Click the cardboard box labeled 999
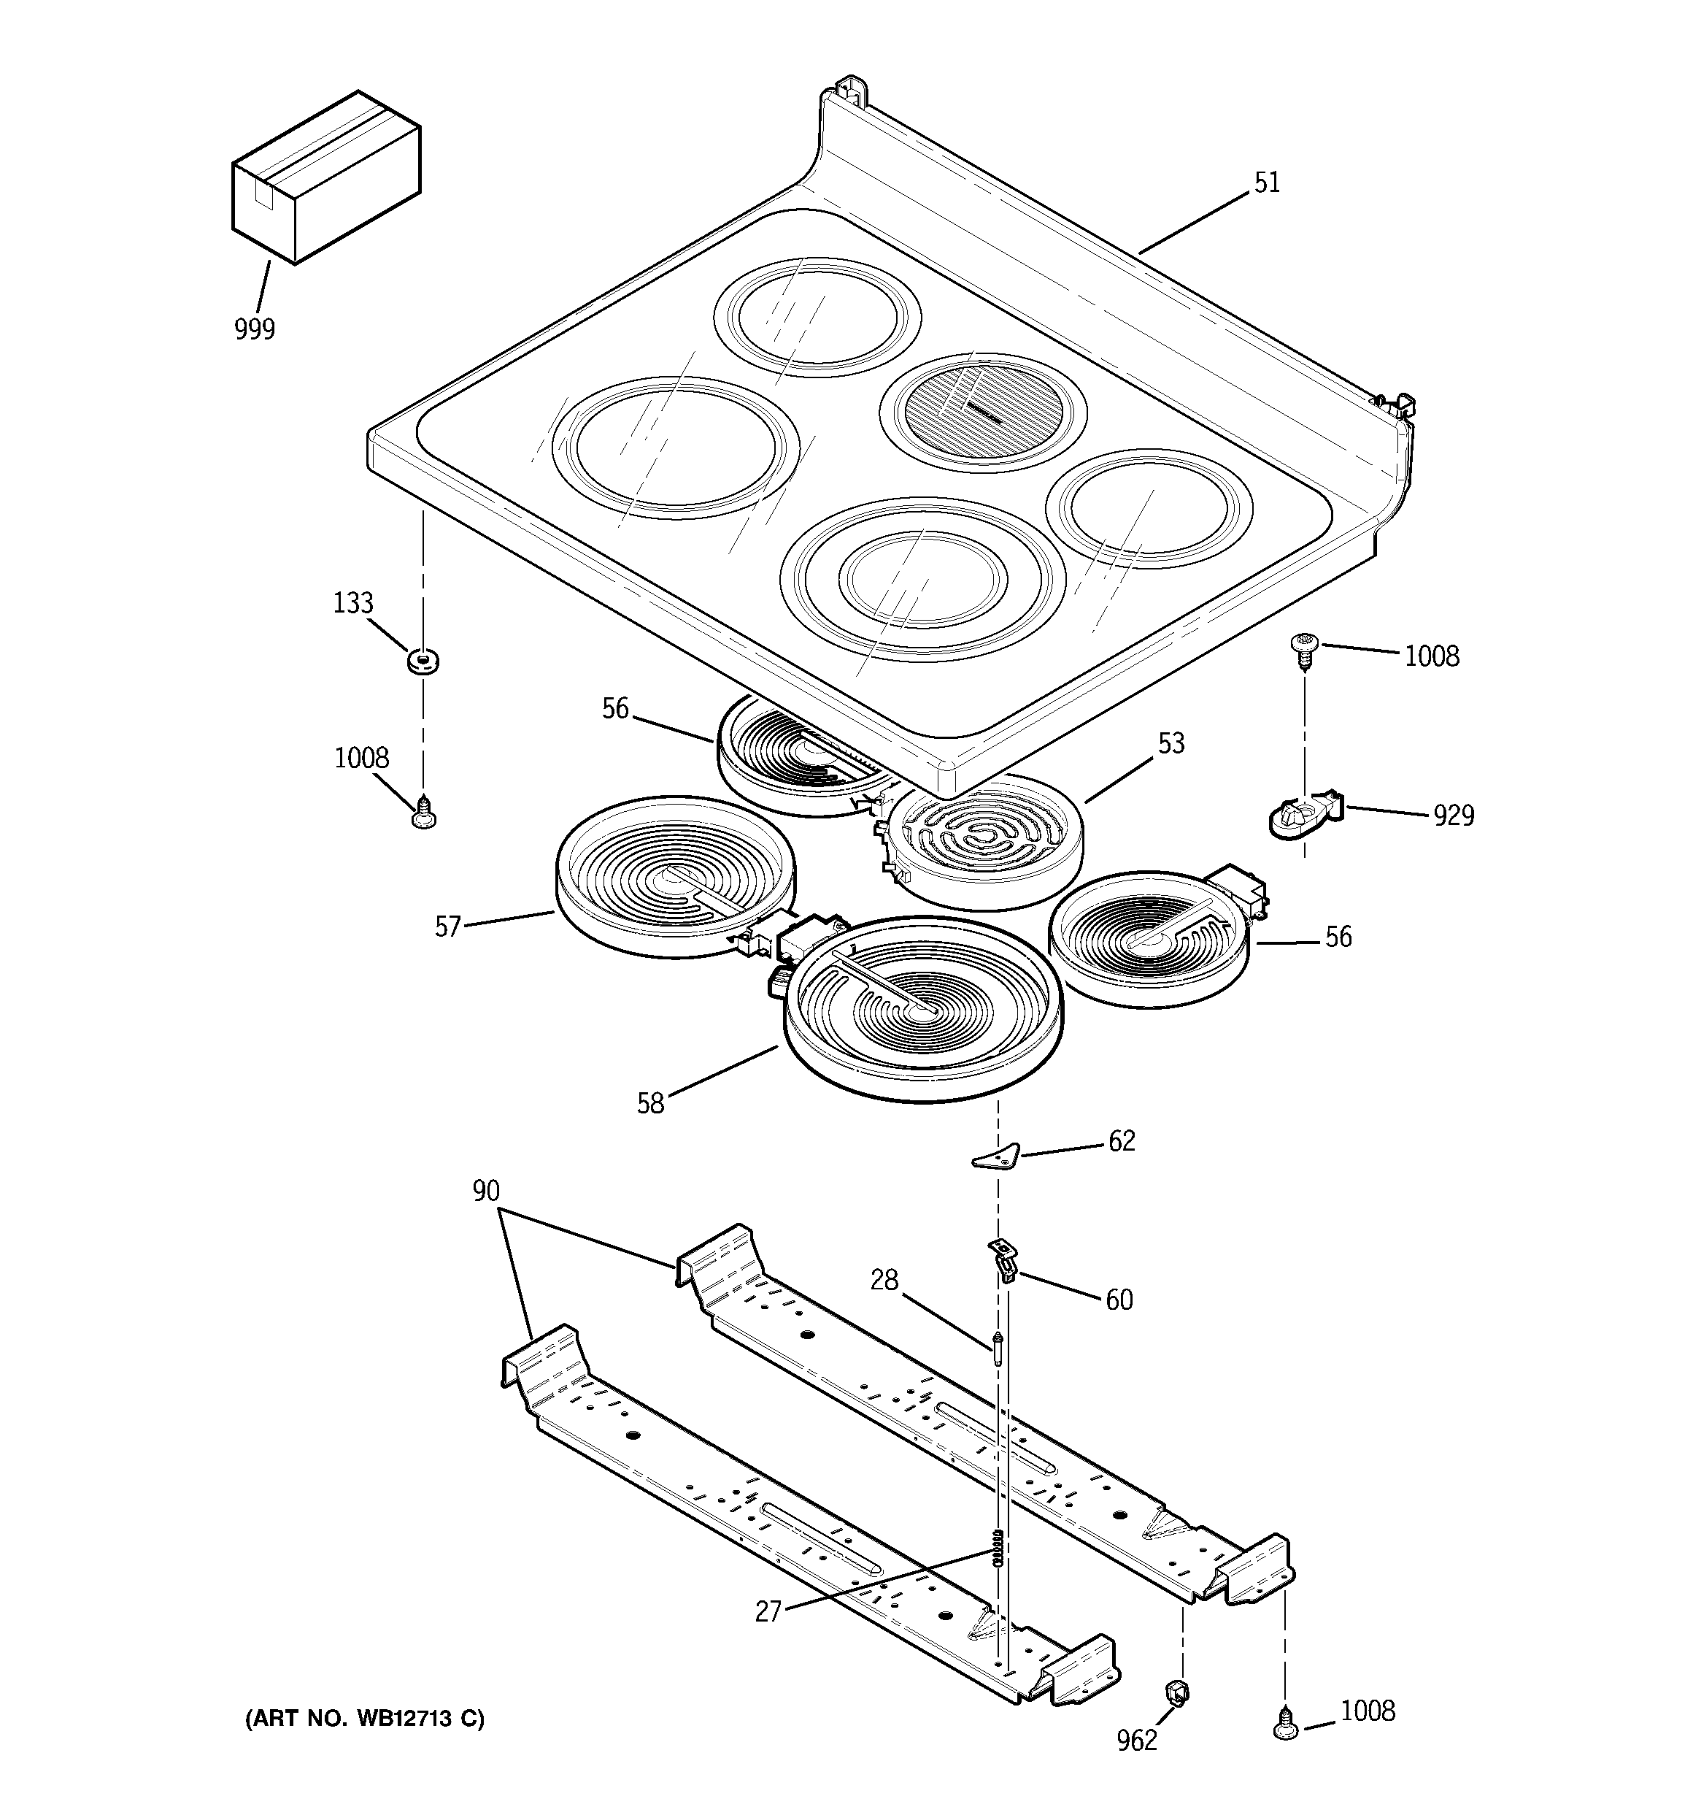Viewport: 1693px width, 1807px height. click(x=325, y=177)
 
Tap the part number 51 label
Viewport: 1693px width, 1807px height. click(x=1267, y=183)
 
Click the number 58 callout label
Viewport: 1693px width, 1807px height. click(x=651, y=1103)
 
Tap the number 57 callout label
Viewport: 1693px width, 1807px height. click(x=448, y=927)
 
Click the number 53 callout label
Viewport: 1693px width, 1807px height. click(x=1171, y=743)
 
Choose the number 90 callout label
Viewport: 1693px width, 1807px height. click(x=486, y=1191)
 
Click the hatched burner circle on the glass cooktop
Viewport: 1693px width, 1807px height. click(x=982, y=412)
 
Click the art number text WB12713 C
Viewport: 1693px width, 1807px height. click(x=364, y=1719)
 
